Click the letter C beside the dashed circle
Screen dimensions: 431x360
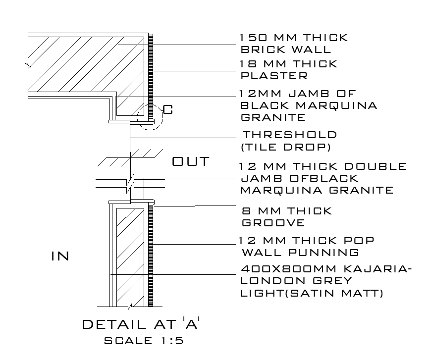[168, 110]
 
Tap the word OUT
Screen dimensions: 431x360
[191, 162]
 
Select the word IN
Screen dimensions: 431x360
[60, 256]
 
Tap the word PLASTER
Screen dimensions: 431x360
[274, 76]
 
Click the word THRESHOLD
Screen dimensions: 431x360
[290, 135]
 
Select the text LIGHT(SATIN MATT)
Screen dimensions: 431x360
[312, 293]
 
